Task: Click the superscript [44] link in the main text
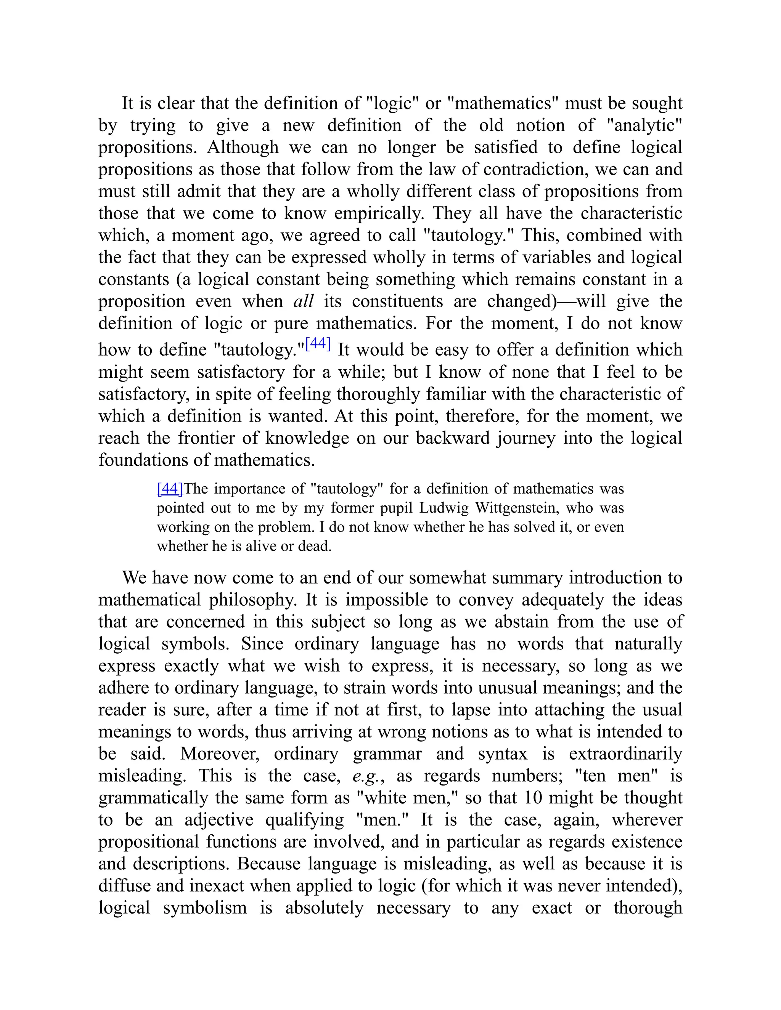pos(318,344)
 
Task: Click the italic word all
pos(304,301)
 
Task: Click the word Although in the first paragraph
pos(243,147)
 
